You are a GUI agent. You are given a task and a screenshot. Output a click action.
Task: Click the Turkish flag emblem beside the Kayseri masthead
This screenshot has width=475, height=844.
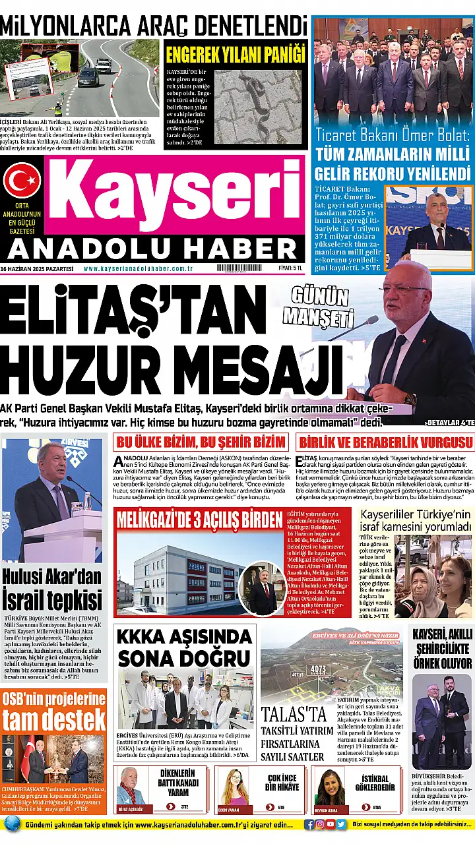coord(22,181)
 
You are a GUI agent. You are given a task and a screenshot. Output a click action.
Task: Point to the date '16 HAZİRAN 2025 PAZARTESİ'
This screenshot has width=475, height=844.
coord(37,268)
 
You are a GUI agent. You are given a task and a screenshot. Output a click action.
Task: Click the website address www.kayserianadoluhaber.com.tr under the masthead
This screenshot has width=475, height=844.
coord(137,268)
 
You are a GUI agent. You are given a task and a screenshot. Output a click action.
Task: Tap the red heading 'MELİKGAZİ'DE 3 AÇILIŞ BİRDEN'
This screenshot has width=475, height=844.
coord(199,520)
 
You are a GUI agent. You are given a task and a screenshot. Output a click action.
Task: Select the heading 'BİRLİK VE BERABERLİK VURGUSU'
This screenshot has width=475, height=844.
coord(385,442)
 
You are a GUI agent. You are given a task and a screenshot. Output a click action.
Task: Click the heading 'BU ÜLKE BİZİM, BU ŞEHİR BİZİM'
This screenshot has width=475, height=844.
coord(201,442)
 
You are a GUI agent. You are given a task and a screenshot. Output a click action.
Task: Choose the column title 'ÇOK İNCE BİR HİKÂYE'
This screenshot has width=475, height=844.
coord(281,783)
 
